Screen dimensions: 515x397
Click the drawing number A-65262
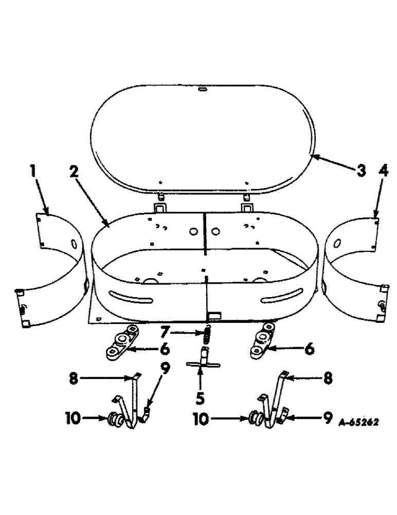coord(359,422)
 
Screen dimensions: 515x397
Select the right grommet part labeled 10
coord(256,418)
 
